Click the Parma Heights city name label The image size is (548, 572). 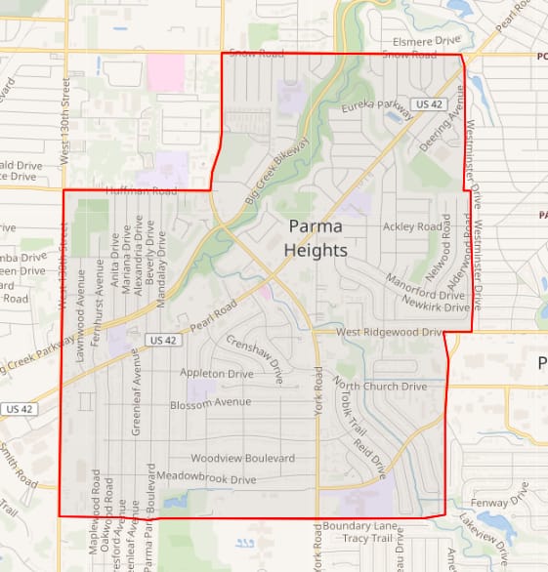pos(315,238)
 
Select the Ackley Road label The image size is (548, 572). pos(412,226)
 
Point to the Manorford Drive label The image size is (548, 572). pos(425,294)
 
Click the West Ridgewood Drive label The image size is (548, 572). pos(391,332)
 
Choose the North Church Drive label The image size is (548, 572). pos(387,386)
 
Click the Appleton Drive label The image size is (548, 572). pos(217,373)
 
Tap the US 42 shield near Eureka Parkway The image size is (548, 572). pos(423,103)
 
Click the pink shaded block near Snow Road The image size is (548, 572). pos(166,71)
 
